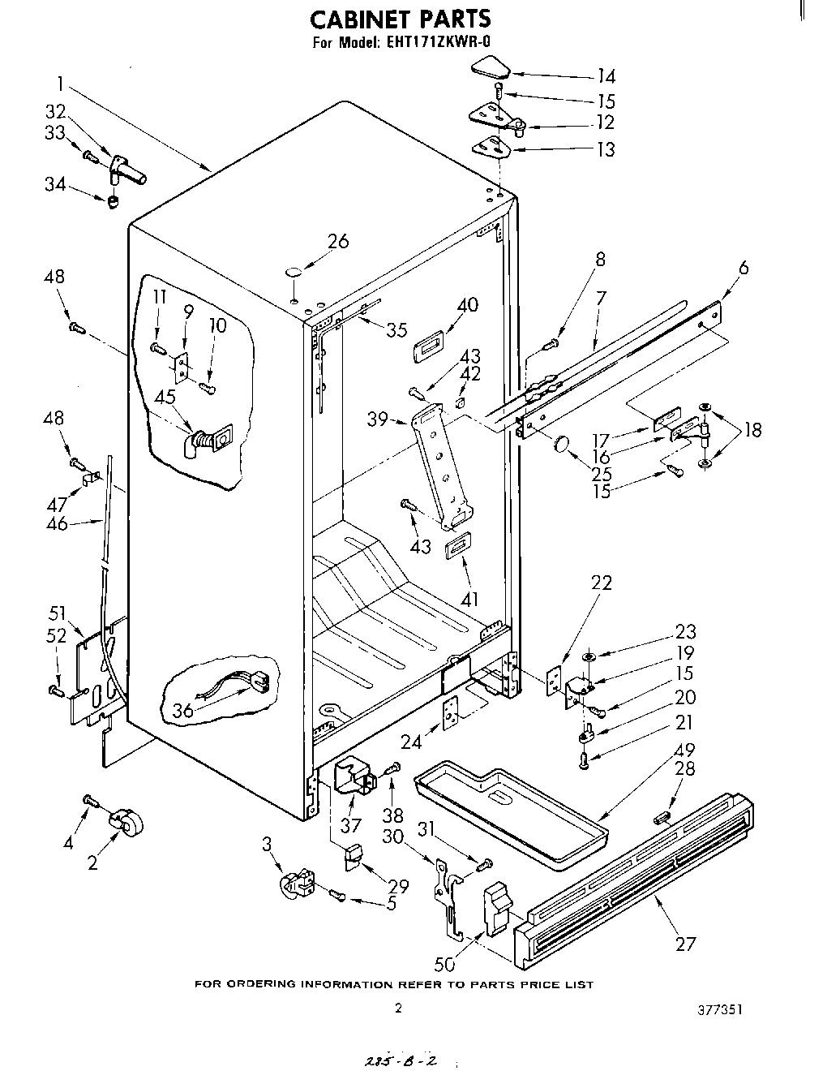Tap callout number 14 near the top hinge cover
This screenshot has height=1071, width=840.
click(x=606, y=77)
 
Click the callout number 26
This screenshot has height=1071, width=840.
click(x=337, y=241)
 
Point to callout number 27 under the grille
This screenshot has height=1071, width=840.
click(x=685, y=944)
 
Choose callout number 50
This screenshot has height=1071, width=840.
click(x=445, y=963)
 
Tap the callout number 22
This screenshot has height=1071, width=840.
click(x=602, y=583)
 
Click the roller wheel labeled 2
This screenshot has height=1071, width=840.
click(x=126, y=824)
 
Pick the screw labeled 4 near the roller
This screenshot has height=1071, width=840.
click(x=90, y=801)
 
